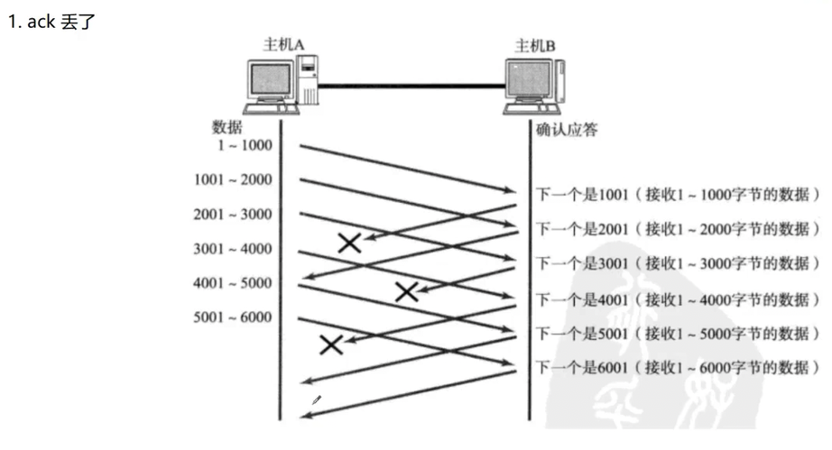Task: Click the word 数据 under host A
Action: (x=226, y=127)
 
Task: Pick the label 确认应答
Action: (x=567, y=130)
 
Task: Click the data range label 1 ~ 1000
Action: (x=240, y=145)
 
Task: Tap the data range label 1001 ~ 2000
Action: (x=232, y=179)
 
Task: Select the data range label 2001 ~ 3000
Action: (x=232, y=214)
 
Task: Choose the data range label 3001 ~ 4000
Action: (x=232, y=248)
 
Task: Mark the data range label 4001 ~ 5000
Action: (x=232, y=282)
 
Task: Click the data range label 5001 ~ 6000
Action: (x=232, y=317)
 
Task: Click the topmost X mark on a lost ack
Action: (x=349, y=242)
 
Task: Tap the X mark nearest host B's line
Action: (x=407, y=290)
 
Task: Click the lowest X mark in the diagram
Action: (x=331, y=344)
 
